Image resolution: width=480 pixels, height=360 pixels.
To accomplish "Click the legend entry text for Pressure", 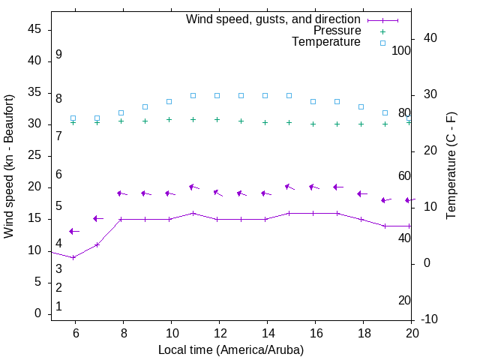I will (337, 31).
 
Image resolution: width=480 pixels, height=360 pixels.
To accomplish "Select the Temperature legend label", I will (326, 42).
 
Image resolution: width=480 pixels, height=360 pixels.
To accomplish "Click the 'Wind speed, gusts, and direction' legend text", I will (273, 19).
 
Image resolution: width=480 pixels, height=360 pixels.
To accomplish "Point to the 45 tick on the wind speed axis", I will (34, 29).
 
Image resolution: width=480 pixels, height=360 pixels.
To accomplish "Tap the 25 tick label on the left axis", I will (34, 156).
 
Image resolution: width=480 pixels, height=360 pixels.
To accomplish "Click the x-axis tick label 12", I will (219, 334).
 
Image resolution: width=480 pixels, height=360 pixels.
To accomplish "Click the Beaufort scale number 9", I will (58, 55).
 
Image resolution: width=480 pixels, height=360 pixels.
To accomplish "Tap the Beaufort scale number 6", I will (58, 175).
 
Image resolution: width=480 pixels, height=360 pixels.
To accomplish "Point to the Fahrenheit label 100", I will (401, 50).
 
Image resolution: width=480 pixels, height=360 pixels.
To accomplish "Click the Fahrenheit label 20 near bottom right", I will (404, 301).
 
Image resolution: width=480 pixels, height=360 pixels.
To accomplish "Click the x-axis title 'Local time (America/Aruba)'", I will (231, 349).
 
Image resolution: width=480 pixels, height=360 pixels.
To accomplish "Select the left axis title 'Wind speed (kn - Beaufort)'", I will (10, 166).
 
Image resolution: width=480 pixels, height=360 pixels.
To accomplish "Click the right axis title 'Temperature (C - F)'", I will (451, 166).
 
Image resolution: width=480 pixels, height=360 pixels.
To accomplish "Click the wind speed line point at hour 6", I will (73, 257).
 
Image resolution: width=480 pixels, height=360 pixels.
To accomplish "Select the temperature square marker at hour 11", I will (193, 96).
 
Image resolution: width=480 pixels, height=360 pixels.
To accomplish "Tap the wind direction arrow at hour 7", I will (97, 218).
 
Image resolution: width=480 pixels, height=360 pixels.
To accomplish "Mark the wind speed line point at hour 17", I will (337, 213).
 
